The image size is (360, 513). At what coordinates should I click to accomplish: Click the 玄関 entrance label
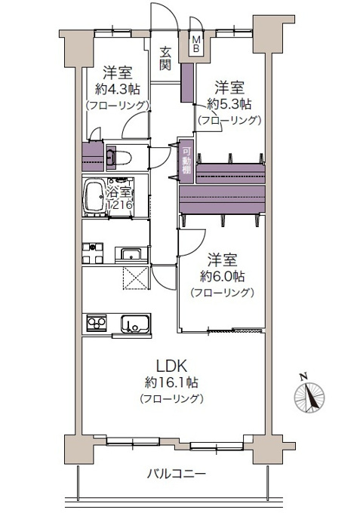click(x=165, y=58)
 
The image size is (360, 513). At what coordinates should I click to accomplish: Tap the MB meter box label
click(x=196, y=45)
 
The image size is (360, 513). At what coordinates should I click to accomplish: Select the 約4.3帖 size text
click(x=118, y=89)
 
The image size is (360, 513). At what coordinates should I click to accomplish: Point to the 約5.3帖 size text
click(x=229, y=104)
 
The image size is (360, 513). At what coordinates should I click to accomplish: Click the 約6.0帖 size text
click(x=222, y=277)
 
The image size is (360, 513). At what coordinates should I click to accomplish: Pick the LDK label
click(x=172, y=366)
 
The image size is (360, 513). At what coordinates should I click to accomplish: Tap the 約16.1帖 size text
click(x=171, y=382)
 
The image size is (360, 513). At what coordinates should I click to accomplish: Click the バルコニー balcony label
click(x=176, y=474)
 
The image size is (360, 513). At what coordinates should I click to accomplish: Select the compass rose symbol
click(x=309, y=398)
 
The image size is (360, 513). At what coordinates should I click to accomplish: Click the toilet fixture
click(x=119, y=158)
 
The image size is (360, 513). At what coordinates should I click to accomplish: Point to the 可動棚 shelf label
click(x=186, y=161)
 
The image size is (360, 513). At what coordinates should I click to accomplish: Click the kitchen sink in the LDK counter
click(x=136, y=324)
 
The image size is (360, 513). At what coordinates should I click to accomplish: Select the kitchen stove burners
click(x=97, y=323)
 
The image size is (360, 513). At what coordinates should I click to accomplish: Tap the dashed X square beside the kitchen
click(x=136, y=278)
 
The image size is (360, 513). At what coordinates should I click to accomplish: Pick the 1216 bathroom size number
click(x=120, y=204)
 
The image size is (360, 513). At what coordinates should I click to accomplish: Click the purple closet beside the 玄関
click(x=187, y=83)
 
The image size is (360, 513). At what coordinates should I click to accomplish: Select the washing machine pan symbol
click(x=93, y=253)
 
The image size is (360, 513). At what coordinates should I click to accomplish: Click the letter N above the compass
click(x=303, y=376)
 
